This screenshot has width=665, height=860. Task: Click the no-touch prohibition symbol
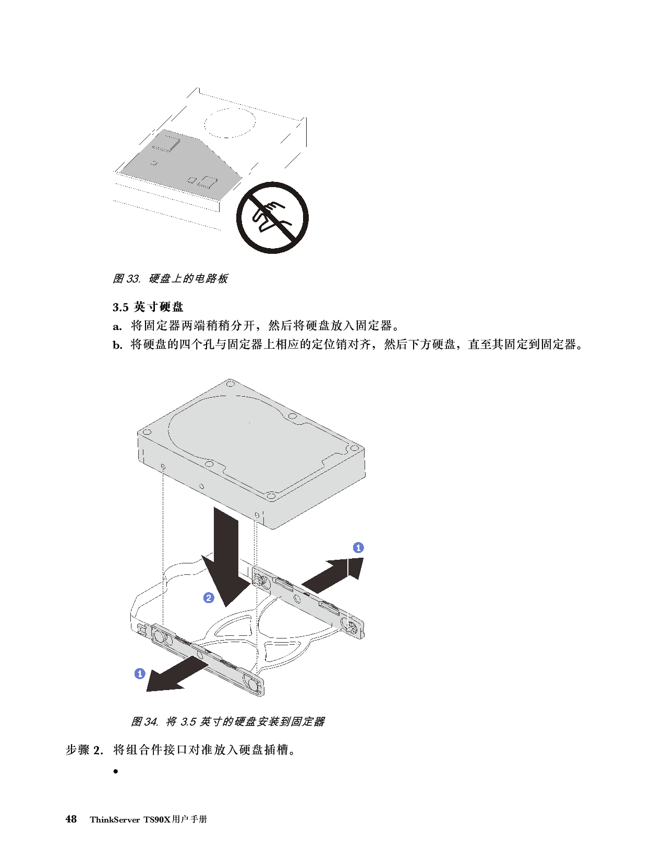click(272, 218)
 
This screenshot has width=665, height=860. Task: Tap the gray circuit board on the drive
click(181, 164)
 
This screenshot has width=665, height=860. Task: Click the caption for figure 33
click(171, 279)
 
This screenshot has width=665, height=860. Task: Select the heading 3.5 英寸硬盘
click(148, 306)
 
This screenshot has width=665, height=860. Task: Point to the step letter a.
click(117, 326)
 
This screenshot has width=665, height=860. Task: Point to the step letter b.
click(117, 345)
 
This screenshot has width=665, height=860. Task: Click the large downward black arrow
click(226, 557)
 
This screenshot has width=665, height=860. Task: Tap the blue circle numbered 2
click(209, 598)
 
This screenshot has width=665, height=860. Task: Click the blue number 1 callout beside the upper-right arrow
click(358, 547)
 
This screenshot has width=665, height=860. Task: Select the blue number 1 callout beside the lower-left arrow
click(140, 673)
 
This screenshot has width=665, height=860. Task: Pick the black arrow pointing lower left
click(177, 674)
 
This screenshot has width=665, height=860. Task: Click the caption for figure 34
click(228, 721)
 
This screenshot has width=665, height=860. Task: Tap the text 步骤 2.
click(84, 750)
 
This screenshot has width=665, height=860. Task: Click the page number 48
click(71, 819)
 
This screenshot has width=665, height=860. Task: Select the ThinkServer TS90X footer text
click(149, 819)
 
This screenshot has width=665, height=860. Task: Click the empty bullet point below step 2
click(116, 771)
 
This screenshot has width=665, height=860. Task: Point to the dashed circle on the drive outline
click(229, 122)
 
